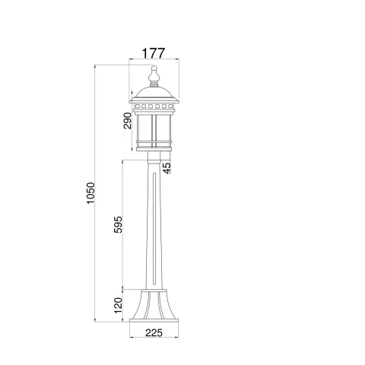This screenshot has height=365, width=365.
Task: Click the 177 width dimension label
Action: [154, 53]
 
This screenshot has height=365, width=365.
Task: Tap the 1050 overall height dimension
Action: [90, 193]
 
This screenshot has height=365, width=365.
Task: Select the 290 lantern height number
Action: [128, 121]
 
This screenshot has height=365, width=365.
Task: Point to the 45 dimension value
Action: [167, 168]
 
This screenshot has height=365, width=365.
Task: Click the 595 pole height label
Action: [118, 224]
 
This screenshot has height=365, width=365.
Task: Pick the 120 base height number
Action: [118, 306]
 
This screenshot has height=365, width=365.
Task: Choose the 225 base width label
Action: [154, 332]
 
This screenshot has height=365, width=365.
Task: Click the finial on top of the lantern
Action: [154, 76]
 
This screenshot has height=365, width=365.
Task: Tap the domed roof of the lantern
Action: [154, 93]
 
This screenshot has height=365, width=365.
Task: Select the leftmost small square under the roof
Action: [138, 106]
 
